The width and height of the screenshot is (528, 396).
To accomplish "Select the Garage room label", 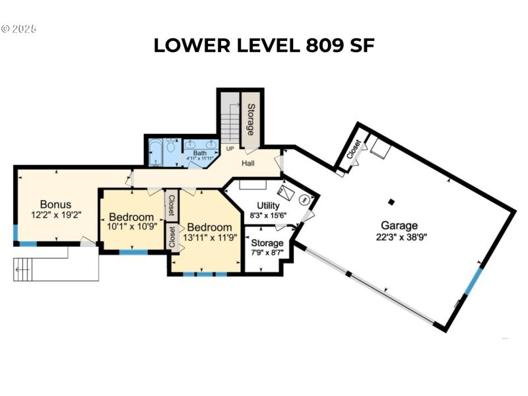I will [399, 226].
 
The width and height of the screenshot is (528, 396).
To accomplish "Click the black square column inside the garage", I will [391, 202].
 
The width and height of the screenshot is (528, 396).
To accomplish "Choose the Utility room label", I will [268, 206].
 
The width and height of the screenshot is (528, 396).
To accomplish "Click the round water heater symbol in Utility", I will [304, 199].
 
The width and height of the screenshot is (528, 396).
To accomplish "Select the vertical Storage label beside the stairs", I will [251, 119].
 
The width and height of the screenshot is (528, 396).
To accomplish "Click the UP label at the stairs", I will [230, 148].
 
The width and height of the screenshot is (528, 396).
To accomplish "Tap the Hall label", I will [248, 163].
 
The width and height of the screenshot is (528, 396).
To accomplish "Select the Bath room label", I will [199, 153].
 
